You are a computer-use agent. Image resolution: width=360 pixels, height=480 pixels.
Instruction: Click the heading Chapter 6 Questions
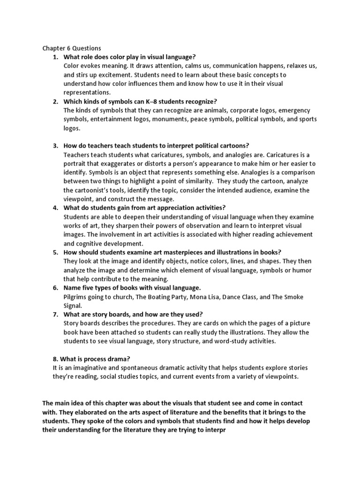tap(72, 48)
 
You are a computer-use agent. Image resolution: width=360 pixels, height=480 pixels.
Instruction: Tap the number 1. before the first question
tap(55, 57)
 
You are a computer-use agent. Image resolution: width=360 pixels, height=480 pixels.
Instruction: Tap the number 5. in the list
tap(55, 252)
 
